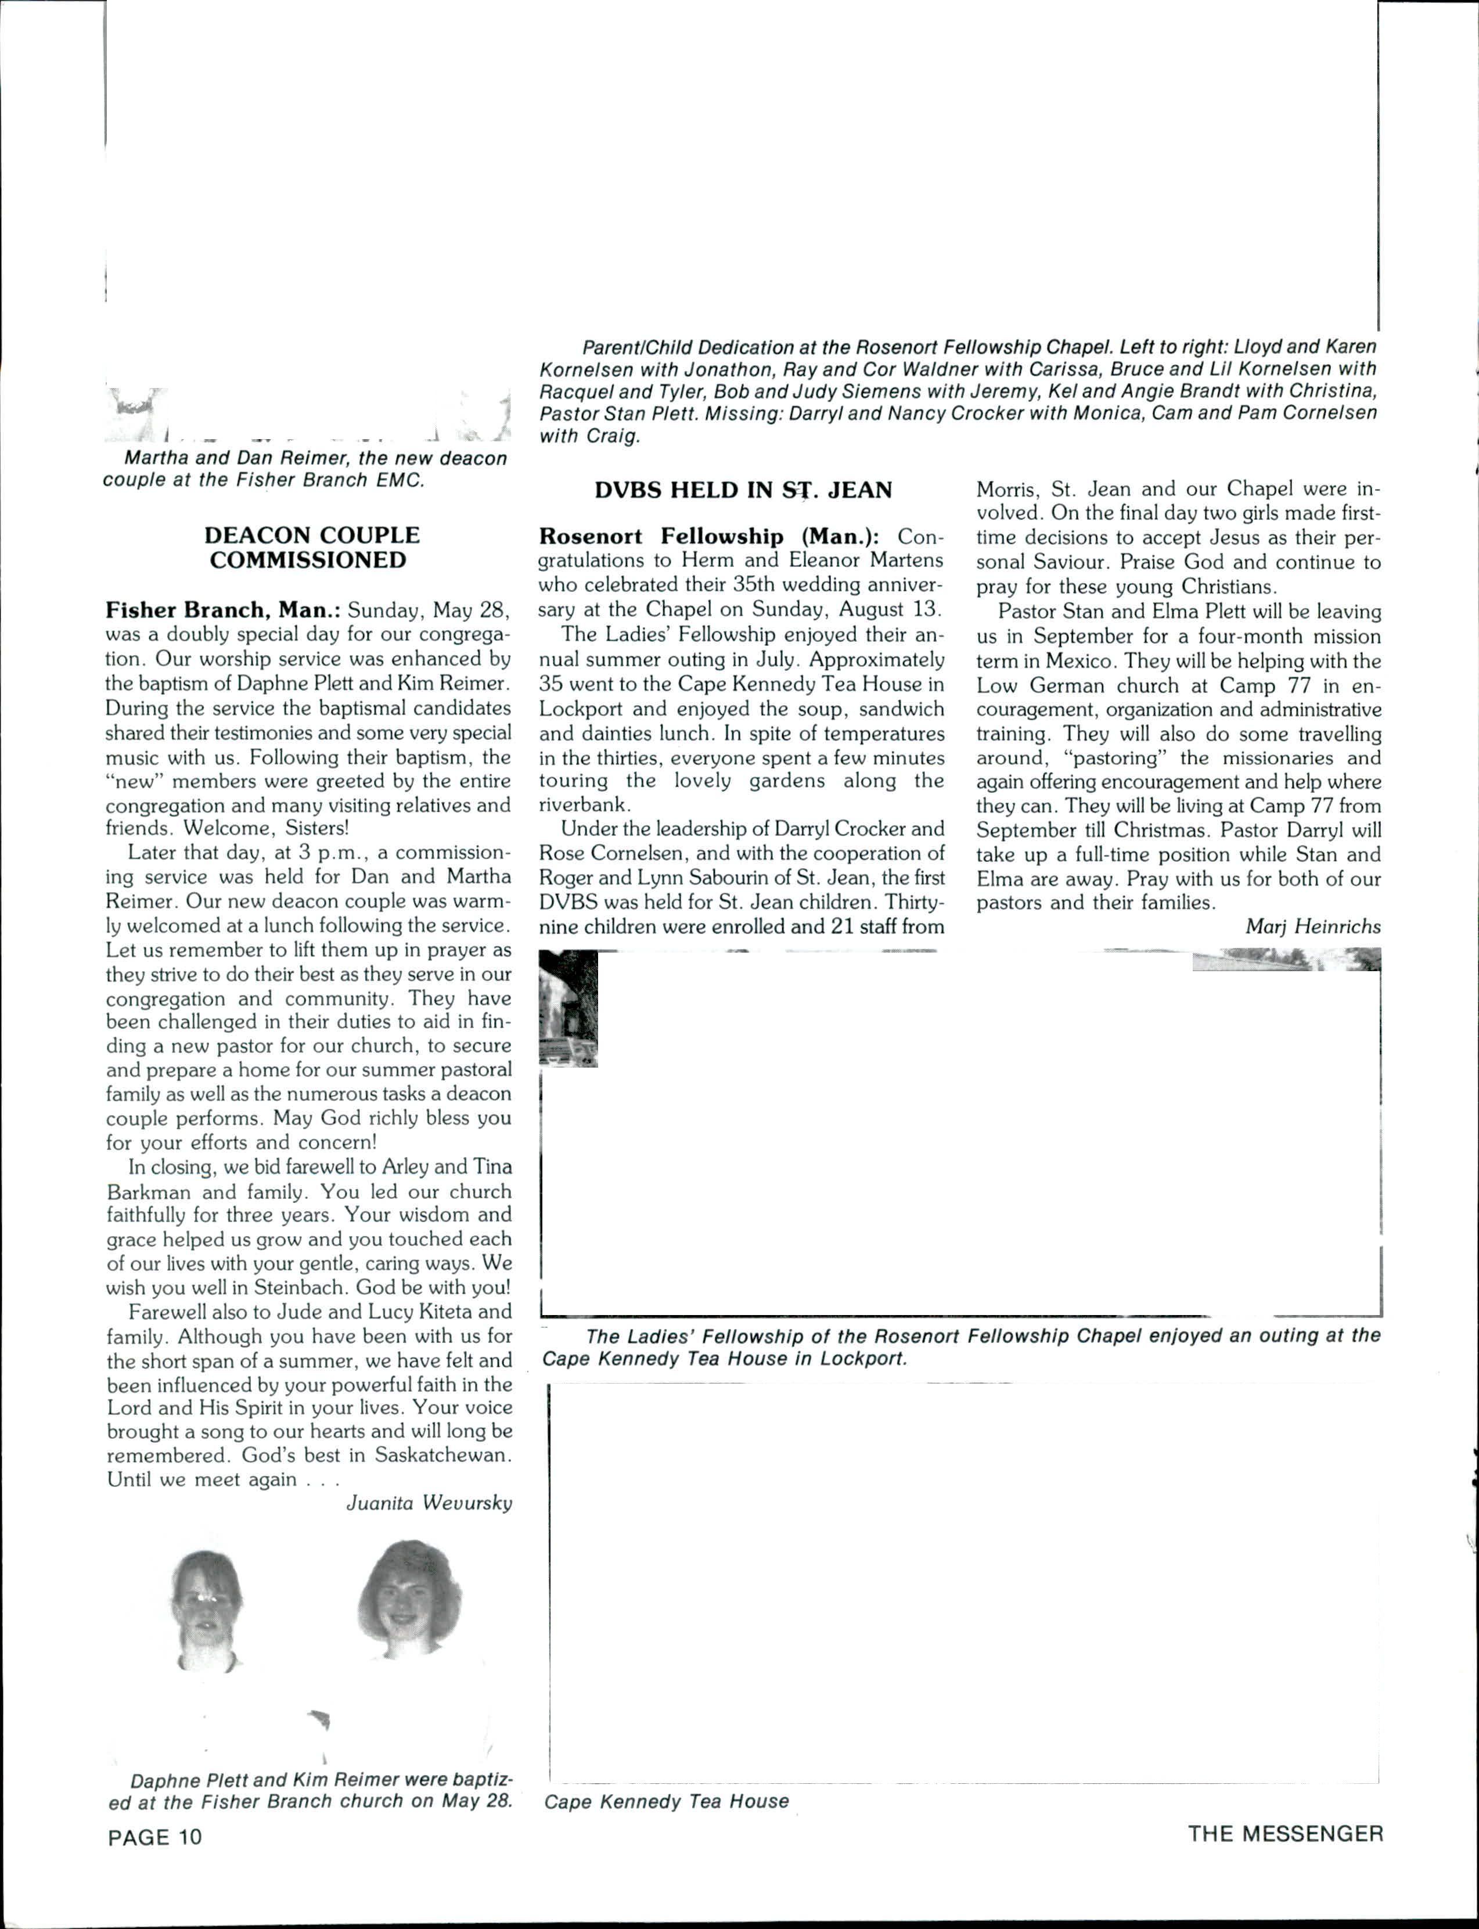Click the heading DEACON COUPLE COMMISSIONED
(312, 548)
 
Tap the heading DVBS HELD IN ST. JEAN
(743, 490)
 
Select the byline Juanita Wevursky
(429, 1503)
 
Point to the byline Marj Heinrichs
(1312, 926)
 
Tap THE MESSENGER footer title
(1285, 1834)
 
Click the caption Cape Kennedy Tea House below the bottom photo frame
(667, 1801)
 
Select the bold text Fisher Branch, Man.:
(223, 610)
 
